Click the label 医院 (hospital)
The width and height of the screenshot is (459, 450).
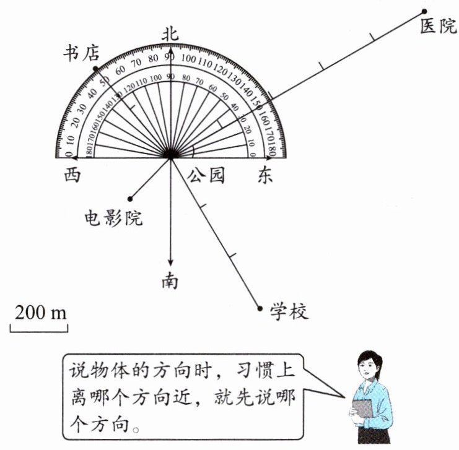click(438, 27)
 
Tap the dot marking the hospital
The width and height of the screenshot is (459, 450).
click(424, 11)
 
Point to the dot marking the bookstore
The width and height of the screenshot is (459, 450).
click(95, 69)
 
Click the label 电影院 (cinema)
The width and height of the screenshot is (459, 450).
click(113, 218)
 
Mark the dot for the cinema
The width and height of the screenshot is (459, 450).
click(129, 199)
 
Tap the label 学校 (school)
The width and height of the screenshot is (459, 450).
click(289, 311)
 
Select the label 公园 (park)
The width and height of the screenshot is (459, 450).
click(206, 175)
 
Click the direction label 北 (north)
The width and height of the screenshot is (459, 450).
click(170, 34)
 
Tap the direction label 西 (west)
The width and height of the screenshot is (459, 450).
click(72, 175)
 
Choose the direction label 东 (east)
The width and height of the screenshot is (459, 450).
click(264, 175)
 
